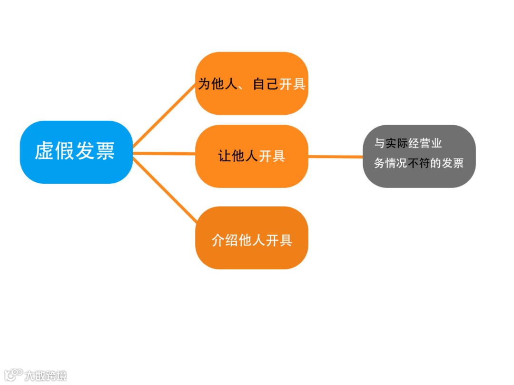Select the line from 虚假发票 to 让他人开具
click(164, 154)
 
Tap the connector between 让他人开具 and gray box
click(336, 156)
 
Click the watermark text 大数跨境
click(46, 375)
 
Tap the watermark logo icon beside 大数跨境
click(13, 375)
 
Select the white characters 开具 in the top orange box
click(292, 84)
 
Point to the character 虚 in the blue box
click(44, 151)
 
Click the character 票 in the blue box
click(106, 151)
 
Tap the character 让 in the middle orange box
click(225, 156)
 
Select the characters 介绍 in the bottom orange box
click(225, 240)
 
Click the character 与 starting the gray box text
click(379, 143)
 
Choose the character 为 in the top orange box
click(204, 84)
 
